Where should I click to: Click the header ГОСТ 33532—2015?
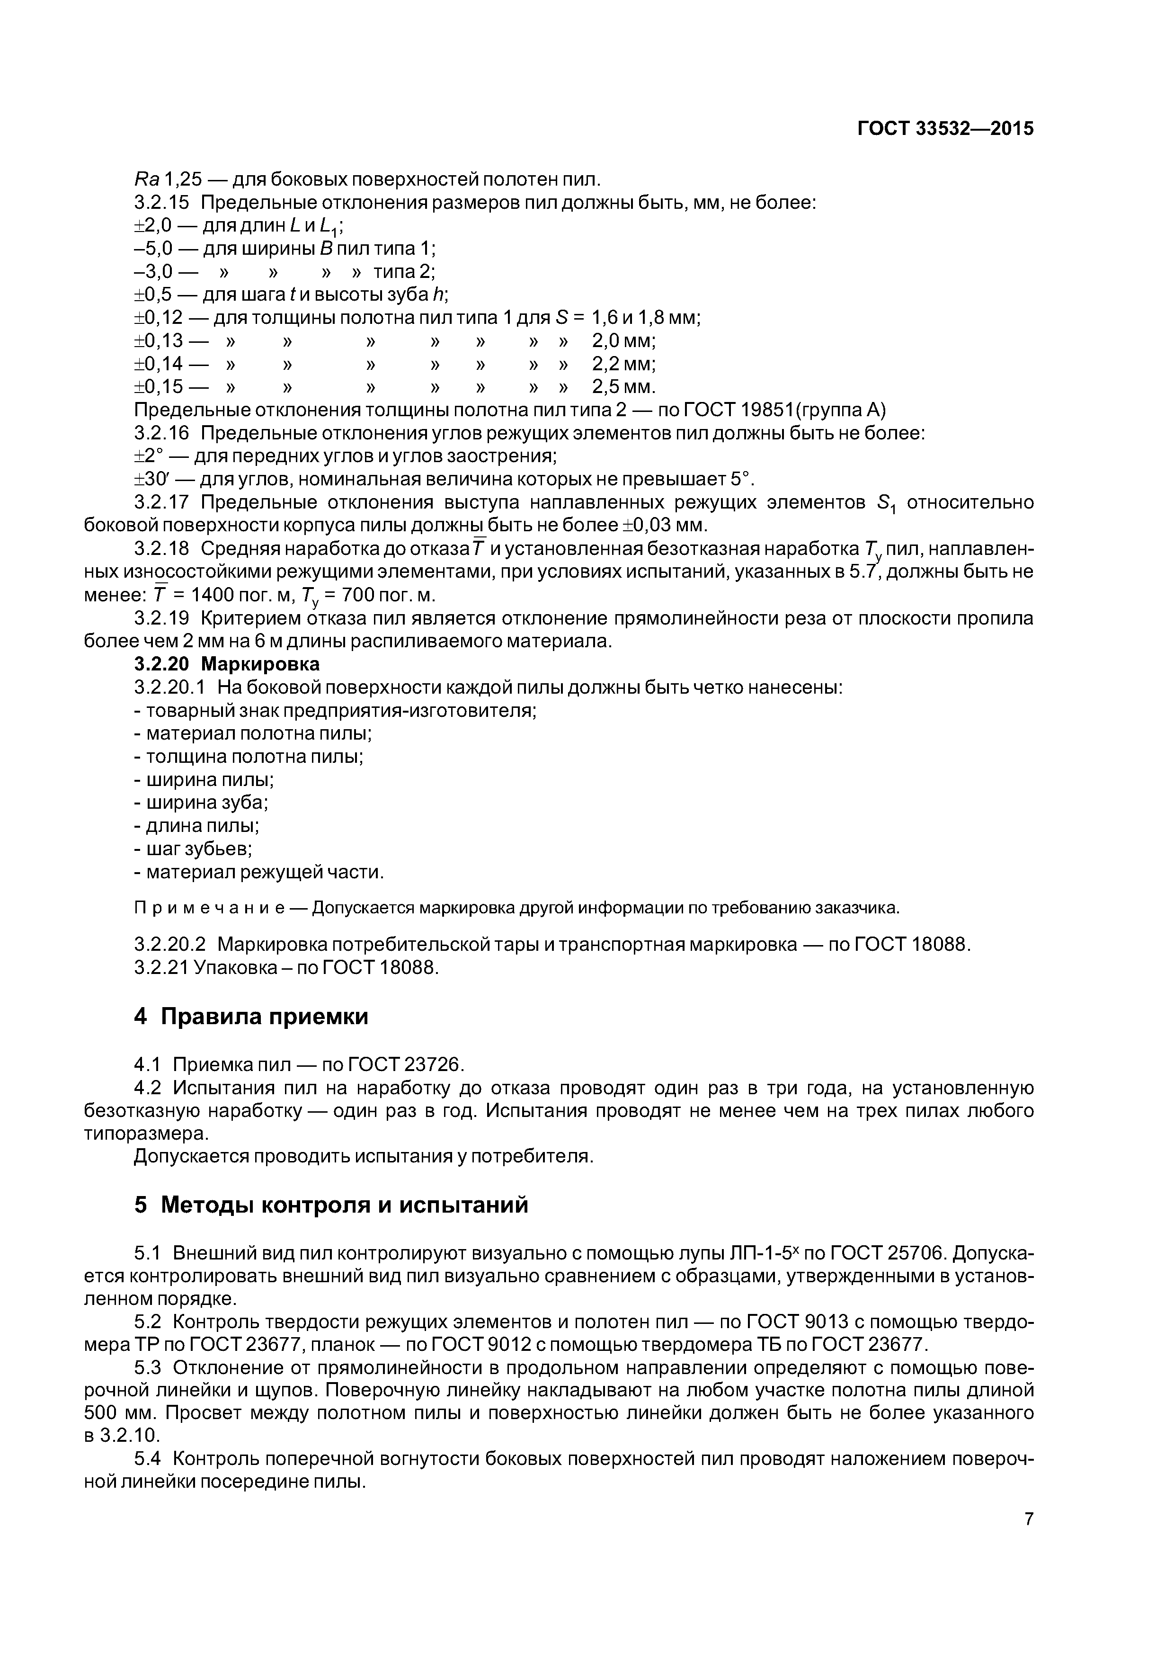coord(945,129)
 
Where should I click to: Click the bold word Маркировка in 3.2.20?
coord(260,663)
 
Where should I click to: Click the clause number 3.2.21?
coord(160,967)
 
